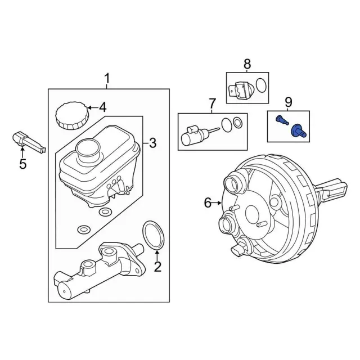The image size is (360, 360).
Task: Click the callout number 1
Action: point(107,79)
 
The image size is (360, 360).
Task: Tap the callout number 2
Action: point(157,267)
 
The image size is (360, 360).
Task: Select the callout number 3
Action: point(152,143)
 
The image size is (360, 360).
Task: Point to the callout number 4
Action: point(102,107)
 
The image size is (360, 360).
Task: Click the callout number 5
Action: point(22,164)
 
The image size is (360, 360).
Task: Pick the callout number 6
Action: point(208,203)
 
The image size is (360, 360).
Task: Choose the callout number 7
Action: point(212,103)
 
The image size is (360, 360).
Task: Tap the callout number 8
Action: point(247,64)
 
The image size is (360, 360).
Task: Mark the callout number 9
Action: point(289,102)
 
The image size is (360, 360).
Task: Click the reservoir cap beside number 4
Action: point(72,116)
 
